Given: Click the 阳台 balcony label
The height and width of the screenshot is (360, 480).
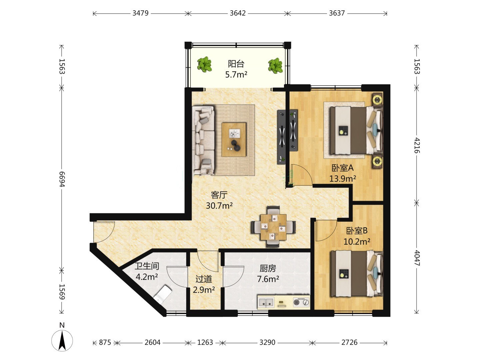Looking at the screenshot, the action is (236, 64).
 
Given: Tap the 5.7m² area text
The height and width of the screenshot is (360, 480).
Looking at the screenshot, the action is (236, 75).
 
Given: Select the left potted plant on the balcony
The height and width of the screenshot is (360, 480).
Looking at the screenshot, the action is (204, 64).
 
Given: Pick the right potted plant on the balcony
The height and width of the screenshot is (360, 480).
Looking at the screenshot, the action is (276, 65).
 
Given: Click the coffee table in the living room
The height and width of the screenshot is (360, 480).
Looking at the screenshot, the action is (234, 139).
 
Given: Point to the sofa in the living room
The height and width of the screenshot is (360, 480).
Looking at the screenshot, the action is (203, 140).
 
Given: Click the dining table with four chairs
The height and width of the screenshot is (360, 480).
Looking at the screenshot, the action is (273, 227).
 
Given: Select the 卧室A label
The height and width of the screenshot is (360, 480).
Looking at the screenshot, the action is (342, 168).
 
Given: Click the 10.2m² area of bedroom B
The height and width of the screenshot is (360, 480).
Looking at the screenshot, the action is (357, 242).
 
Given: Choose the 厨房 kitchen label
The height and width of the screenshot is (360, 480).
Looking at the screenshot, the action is (268, 268).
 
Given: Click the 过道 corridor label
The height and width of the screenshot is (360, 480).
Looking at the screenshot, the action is (204, 279).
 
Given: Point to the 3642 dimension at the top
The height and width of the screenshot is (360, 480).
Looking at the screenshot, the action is (238, 13).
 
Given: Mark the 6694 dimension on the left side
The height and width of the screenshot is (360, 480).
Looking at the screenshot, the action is (62, 179).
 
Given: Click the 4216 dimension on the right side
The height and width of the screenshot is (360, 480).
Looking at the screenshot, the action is (417, 145).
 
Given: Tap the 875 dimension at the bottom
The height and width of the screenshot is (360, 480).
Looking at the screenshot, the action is (105, 343).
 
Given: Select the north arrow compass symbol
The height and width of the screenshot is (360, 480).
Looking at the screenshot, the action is (62, 340).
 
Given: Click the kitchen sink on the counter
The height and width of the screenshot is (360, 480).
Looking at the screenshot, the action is (266, 303).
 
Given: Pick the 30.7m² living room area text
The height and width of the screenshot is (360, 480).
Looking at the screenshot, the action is (219, 206).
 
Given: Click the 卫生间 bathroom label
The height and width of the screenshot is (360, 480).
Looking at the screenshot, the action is (147, 266).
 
